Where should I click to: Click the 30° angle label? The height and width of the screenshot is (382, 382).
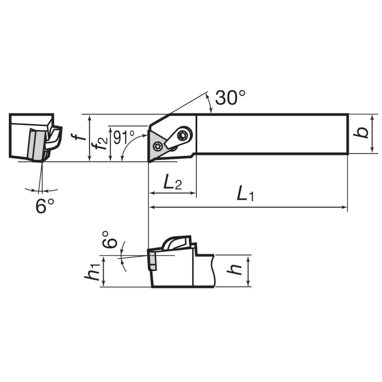pyautogui.click(x=230, y=98)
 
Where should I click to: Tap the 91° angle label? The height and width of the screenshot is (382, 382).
pyautogui.click(x=124, y=137)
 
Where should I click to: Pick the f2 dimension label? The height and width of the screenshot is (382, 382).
pyautogui.click(x=99, y=143)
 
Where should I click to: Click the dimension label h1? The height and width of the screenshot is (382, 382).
pyautogui.click(x=92, y=272)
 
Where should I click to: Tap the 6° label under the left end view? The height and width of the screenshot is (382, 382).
pyautogui.click(x=45, y=206)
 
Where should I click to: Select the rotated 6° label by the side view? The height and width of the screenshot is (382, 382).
pyautogui.click(x=110, y=239)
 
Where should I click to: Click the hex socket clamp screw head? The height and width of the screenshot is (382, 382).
pyautogui.click(x=183, y=135)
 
